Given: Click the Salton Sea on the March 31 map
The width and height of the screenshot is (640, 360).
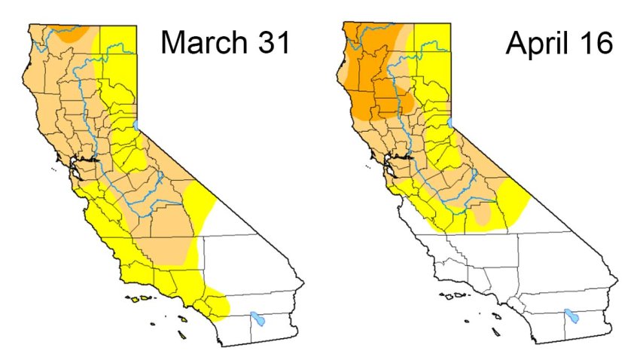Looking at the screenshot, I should pyautogui.click(x=258, y=319).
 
